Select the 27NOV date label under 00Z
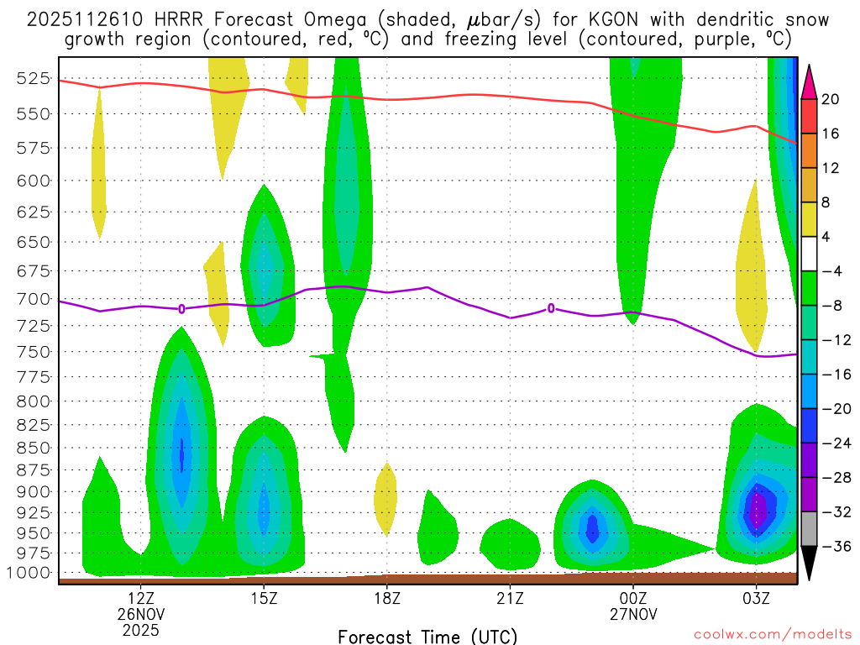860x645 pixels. (632, 613)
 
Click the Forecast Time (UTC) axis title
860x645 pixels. (427, 636)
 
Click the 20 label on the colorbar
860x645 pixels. (831, 99)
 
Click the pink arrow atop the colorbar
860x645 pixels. (810, 81)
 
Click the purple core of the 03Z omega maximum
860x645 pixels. (758, 510)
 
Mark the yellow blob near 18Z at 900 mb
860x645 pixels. (385, 498)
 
